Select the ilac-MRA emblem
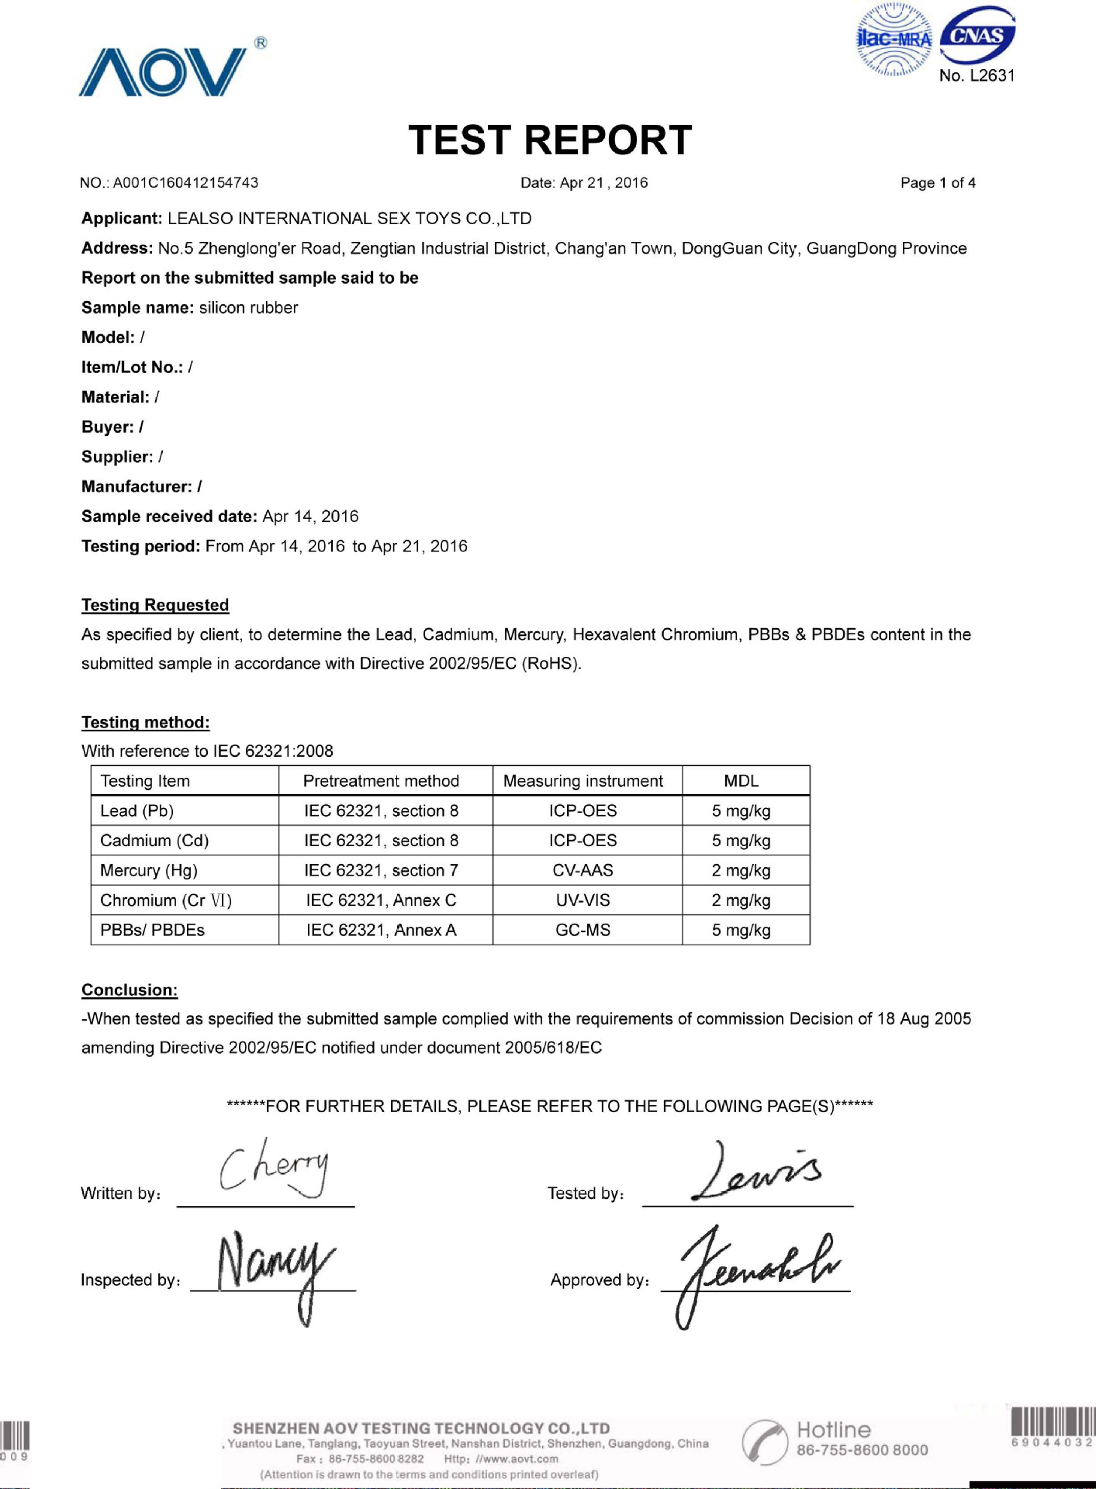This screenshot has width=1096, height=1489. (894, 40)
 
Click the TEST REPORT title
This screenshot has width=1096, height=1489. (549, 140)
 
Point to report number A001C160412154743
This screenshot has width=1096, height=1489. (185, 183)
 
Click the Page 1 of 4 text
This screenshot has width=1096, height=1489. (937, 183)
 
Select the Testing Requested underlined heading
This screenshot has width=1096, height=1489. (155, 605)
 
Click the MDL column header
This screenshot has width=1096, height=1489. (741, 781)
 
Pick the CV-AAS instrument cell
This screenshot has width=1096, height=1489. (583, 870)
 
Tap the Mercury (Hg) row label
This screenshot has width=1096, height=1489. (149, 870)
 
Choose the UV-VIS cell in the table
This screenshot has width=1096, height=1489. (583, 900)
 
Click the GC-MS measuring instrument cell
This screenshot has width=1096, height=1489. (583, 930)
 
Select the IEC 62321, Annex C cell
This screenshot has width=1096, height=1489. (381, 900)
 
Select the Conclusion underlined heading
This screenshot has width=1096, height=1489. (130, 990)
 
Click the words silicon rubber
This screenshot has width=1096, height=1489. (248, 308)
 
